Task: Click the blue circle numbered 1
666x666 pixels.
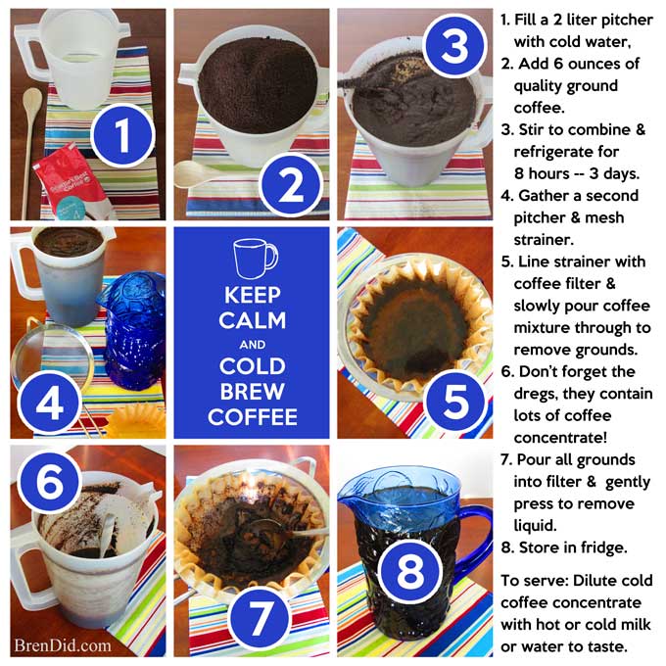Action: (122, 135)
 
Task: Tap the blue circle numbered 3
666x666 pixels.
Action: (454, 45)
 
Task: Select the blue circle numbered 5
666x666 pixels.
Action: (455, 401)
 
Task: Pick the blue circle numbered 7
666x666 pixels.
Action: (260, 618)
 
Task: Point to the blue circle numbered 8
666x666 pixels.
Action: (409, 571)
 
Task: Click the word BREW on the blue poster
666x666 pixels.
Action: (252, 392)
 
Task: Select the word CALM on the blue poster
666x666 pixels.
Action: (253, 320)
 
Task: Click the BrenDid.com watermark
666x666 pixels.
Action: (63, 645)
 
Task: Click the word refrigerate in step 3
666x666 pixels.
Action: (566, 152)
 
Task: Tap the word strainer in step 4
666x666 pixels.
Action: (544, 240)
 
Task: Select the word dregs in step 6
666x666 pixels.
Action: (536, 394)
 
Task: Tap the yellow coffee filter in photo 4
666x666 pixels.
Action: (135, 420)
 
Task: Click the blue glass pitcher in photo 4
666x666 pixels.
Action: (132, 331)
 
